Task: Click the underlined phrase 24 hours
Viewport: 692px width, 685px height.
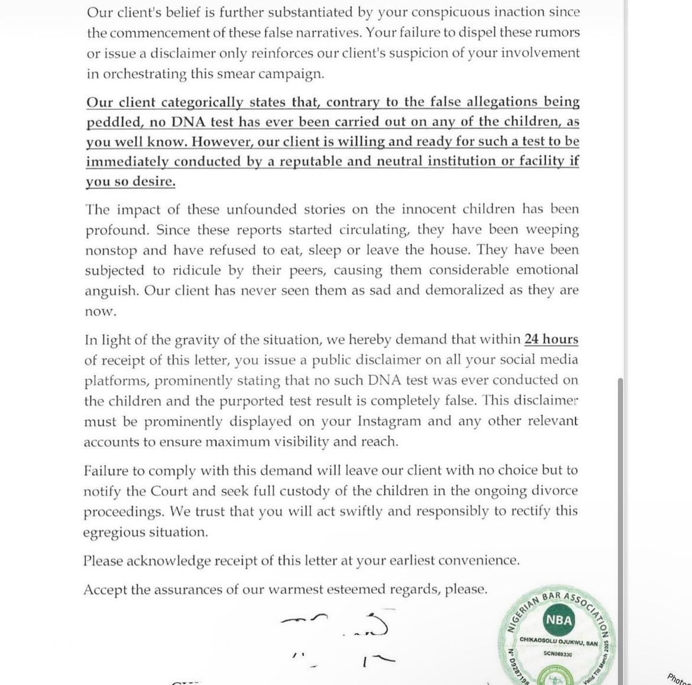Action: pos(551,339)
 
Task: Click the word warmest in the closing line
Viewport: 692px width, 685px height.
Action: pos(296,589)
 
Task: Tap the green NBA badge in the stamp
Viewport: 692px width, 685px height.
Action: pos(558,620)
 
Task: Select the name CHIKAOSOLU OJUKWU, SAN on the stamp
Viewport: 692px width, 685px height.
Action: pos(558,641)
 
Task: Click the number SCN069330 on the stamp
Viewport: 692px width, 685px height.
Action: pos(558,654)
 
